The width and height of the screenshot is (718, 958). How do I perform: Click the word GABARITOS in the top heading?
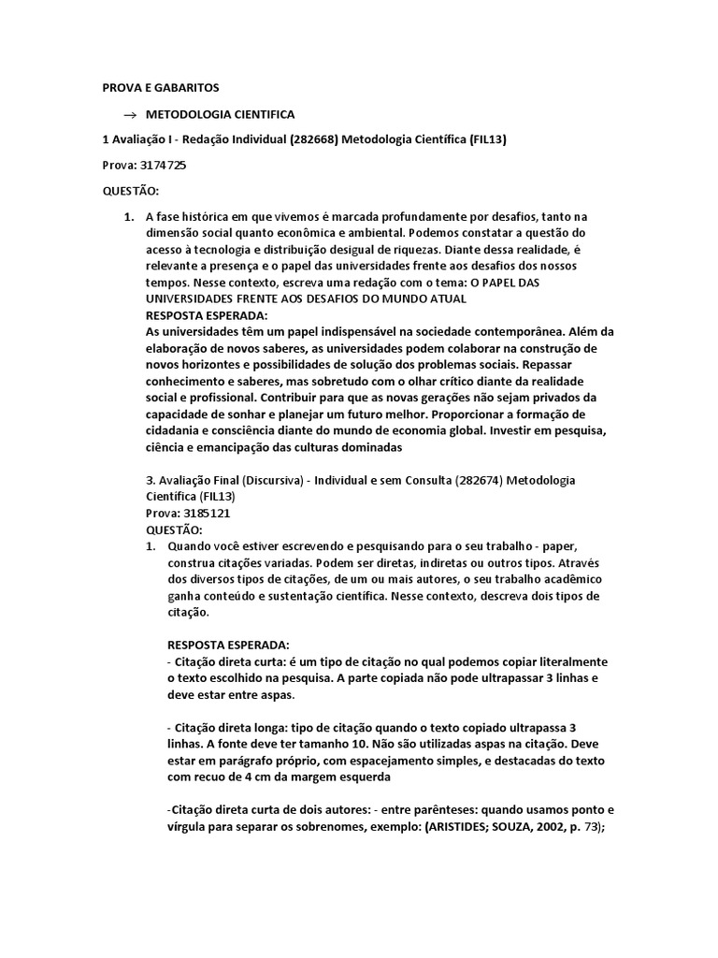186,88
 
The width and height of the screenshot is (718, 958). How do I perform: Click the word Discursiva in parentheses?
267,480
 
